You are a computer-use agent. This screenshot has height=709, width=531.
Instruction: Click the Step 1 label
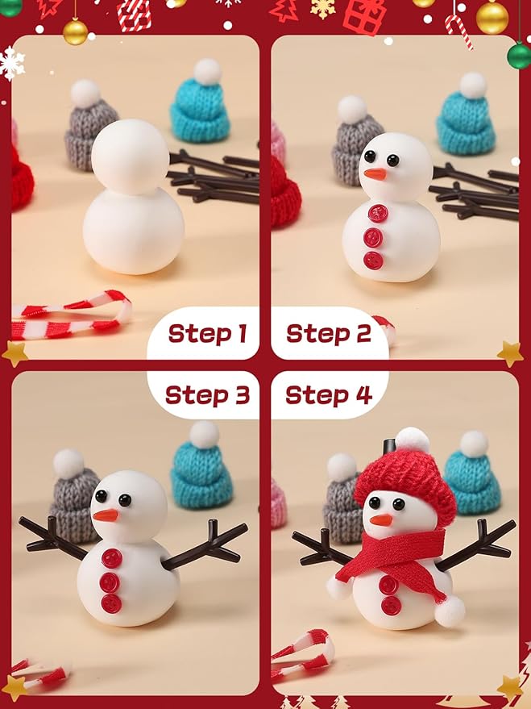(x=206, y=333)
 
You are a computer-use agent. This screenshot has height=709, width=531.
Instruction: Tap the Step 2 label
(x=328, y=333)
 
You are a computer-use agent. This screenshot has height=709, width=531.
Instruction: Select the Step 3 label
(x=206, y=395)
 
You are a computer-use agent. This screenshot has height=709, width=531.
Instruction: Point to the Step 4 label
(x=328, y=395)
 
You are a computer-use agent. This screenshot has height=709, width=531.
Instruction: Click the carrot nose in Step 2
(x=375, y=173)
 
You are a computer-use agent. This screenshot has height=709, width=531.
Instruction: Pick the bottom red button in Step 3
(x=110, y=603)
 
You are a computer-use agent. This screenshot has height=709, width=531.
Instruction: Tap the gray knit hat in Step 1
(x=90, y=133)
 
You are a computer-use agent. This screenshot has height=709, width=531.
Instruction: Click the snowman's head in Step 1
(x=130, y=157)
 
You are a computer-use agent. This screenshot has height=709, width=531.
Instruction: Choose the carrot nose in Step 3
(x=105, y=515)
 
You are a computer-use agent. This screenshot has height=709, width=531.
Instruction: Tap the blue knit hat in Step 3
(x=201, y=472)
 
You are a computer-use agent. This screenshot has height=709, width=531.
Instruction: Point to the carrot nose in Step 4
(x=381, y=520)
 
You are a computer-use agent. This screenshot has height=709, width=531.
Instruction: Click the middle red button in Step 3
(x=110, y=582)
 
